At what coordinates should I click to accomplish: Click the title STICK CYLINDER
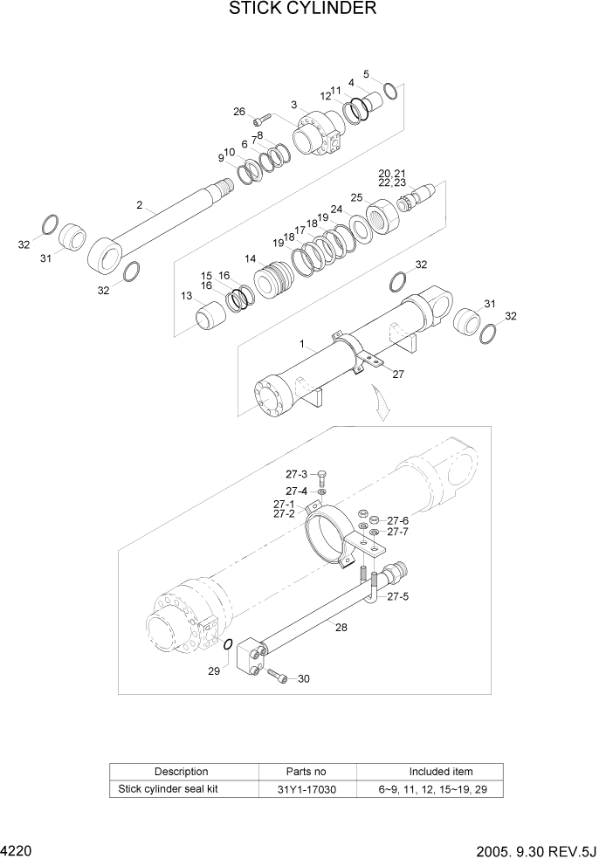tap(303, 10)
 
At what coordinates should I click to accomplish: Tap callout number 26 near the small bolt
tap(239, 111)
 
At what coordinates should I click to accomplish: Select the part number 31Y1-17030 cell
tap(306, 789)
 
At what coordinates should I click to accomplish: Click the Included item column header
tap(441, 772)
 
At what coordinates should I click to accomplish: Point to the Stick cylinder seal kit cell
tap(183, 789)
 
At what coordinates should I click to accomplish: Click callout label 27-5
tap(397, 597)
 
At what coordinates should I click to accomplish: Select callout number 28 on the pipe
tap(341, 626)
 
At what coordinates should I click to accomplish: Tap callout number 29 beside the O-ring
tap(213, 670)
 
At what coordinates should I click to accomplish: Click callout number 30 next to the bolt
tap(303, 679)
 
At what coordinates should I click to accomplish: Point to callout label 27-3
tap(296, 474)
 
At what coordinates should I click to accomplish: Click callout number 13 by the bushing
tap(186, 296)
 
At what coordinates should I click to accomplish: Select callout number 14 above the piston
tap(250, 258)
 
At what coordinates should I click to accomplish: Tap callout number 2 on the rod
tap(139, 205)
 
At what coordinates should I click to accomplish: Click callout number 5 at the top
tap(366, 74)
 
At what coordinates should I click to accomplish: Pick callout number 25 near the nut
tap(356, 197)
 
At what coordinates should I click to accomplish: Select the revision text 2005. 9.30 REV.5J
tap(541, 849)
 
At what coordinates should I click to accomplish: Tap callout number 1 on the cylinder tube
tap(301, 345)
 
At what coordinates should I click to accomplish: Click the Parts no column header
tap(306, 772)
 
